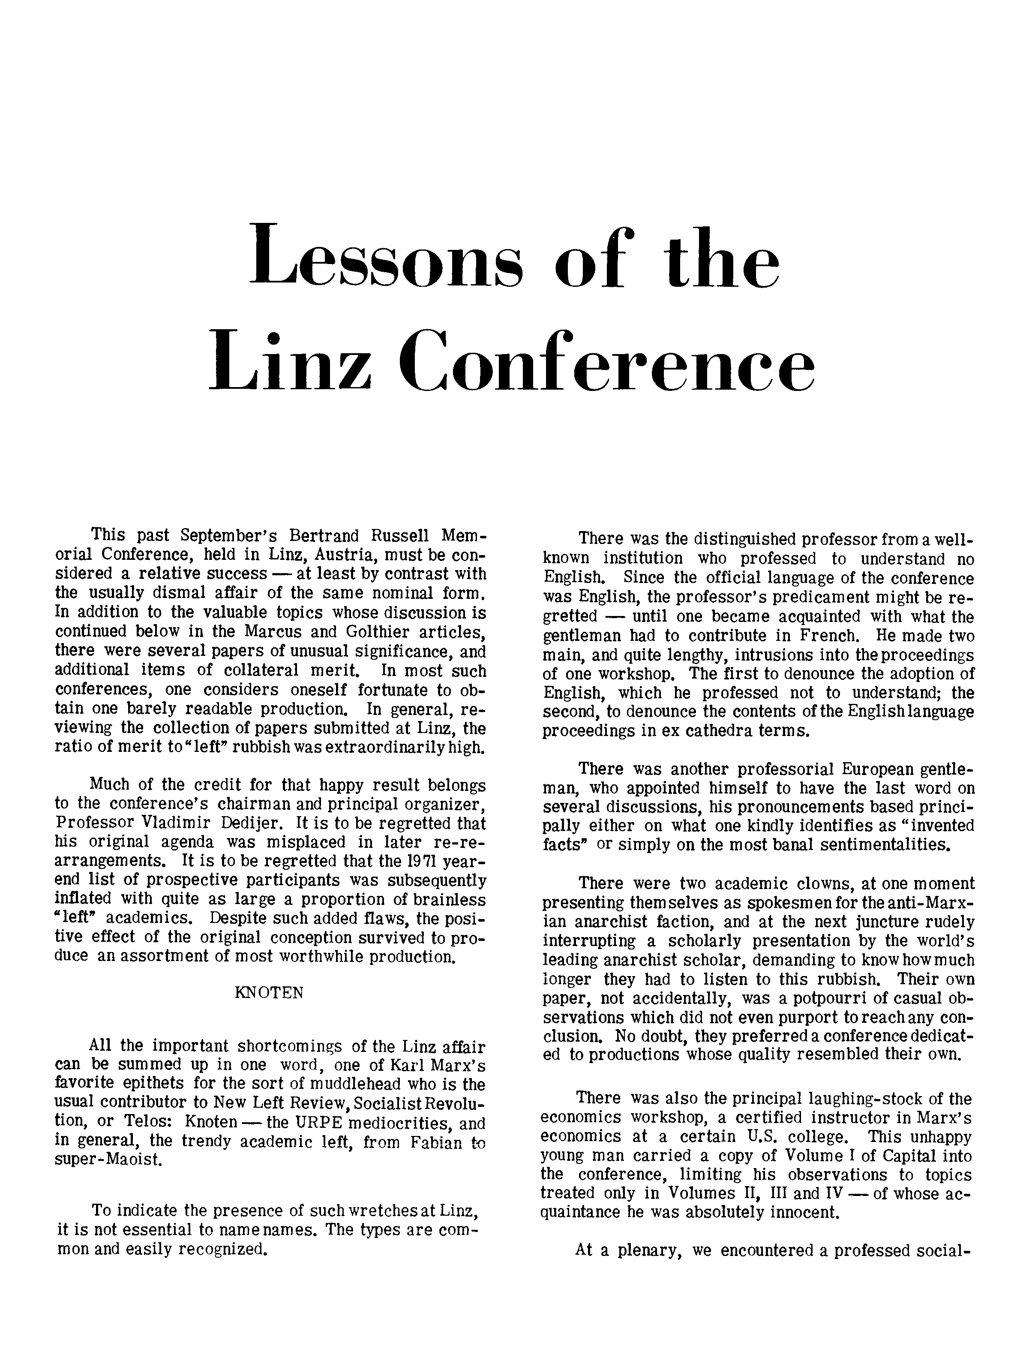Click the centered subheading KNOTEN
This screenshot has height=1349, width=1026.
point(269,994)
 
